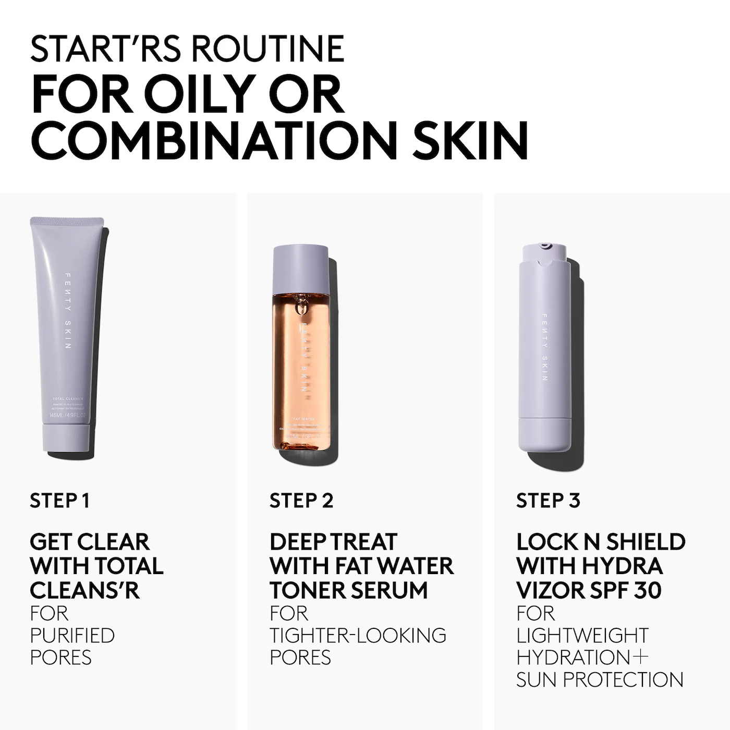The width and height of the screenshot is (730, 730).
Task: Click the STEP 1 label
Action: [x=60, y=501]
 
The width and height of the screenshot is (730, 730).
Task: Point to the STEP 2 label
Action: [x=301, y=501]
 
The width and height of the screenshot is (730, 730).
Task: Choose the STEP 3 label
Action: [x=548, y=501]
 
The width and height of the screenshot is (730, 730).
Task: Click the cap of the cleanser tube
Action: [x=65, y=437]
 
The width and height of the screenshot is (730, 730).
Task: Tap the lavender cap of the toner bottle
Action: [x=300, y=265]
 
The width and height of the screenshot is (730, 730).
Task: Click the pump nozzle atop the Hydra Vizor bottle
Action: [x=544, y=245]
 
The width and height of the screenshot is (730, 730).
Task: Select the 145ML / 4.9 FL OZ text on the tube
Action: [x=67, y=416]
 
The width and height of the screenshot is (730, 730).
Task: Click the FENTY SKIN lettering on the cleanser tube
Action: [x=68, y=311]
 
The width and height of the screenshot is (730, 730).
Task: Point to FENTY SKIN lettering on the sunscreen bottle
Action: [x=545, y=347]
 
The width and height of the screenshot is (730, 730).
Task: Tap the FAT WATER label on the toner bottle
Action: [x=302, y=418]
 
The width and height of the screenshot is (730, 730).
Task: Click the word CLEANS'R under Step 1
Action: [x=84, y=590]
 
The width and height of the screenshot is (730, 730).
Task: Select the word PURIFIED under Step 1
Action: [x=72, y=636]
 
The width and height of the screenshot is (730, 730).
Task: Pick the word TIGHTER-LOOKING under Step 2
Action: [x=358, y=636]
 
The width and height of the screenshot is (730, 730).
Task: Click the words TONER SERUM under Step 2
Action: [x=348, y=590]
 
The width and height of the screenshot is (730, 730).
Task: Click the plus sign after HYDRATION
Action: [x=641, y=658]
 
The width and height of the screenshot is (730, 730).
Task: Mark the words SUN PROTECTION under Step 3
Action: [x=600, y=680]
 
